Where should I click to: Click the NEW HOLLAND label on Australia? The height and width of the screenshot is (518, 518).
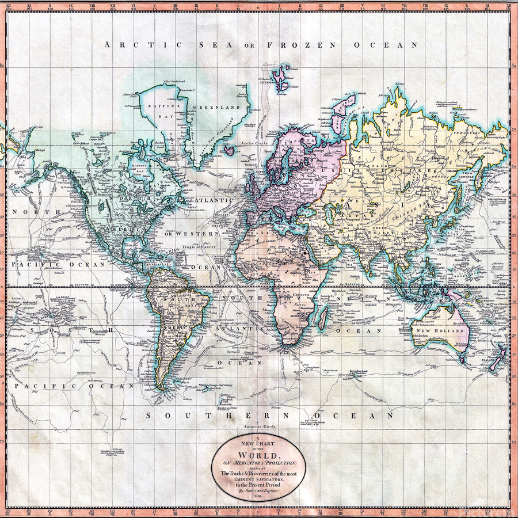coord(444,332)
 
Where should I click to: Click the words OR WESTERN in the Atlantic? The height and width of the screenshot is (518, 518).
coord(192,234)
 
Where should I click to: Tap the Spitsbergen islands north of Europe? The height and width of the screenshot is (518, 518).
coord(282,78)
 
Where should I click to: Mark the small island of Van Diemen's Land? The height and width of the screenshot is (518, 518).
coord(463,360)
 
